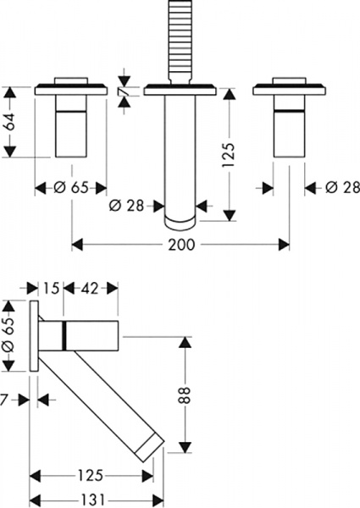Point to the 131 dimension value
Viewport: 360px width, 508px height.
tap(93, 500)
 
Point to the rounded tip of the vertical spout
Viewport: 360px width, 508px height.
tap(179, 223)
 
